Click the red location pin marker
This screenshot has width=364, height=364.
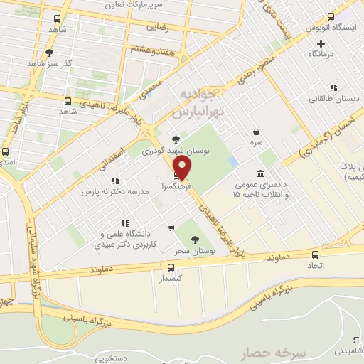coord(183,168)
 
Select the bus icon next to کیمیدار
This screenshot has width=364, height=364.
coord(171,267)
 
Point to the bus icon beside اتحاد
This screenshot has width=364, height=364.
coord(315,255)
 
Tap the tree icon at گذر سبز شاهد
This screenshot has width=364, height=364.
coord(49,53)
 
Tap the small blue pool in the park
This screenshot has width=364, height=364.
coord(233,162)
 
